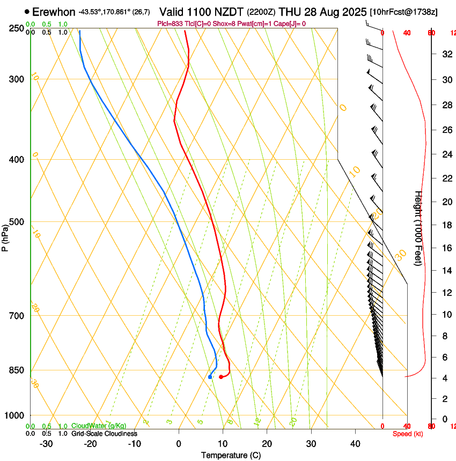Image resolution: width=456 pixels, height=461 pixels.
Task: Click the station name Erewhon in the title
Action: [x=54, y=12]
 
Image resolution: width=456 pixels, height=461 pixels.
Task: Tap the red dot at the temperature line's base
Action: [x=221, y=377]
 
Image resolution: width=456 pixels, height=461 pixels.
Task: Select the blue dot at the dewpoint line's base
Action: [x=210, y=377]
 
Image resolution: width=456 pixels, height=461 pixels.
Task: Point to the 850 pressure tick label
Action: [x=16, y=370]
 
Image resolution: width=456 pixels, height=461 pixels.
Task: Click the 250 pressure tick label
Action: [x=16, y=28]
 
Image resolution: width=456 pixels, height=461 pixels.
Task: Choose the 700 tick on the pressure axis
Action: [x=16, y=316]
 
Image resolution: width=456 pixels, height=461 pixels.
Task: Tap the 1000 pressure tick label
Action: [x=14, y=415]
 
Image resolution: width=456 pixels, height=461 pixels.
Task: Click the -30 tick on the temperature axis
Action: [x=46, y=443]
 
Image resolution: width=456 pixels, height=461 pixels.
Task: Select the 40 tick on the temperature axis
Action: [x=355, y=443]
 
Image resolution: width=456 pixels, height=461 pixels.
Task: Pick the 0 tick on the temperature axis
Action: [x=179, y=443]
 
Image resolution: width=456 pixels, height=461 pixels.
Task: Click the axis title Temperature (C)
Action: [x=231, y=455]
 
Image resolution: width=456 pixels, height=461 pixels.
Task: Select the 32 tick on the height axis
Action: [x=445, y=54]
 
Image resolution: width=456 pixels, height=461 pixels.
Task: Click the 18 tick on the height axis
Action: [x=445, y=225]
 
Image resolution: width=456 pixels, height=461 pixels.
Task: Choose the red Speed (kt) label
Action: [x=408, y=434]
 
